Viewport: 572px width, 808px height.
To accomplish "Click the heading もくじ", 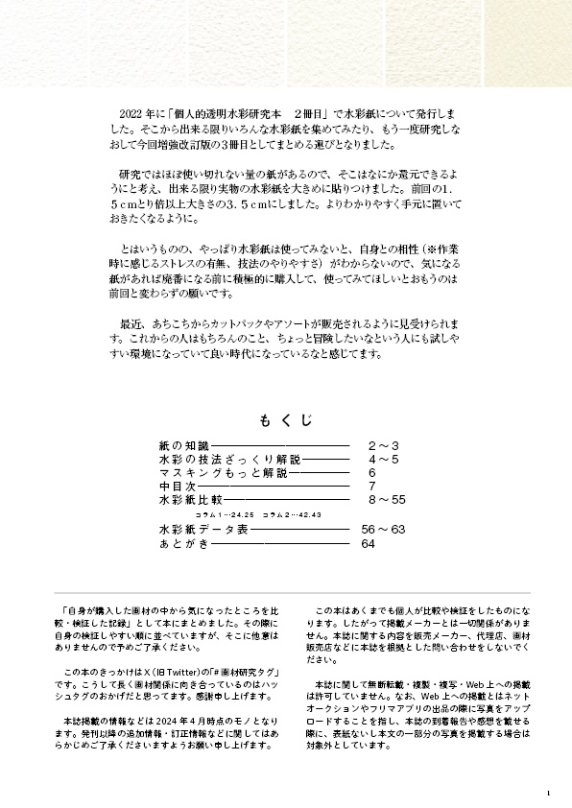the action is (285, 420).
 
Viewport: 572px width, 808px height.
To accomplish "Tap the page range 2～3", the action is (383, 447).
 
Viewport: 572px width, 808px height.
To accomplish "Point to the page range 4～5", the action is (383, 461).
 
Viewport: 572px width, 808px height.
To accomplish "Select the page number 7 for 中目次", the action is (371, 487).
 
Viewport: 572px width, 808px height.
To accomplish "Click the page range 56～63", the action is (383, 530).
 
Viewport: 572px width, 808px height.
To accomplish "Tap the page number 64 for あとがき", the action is (367, 544).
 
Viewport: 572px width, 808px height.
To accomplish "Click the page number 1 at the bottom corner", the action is (546, 793).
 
